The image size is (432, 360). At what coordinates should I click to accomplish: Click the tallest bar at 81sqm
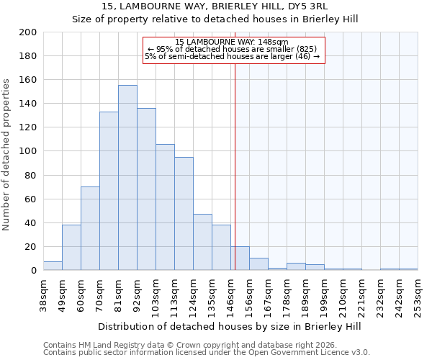pos(127,178)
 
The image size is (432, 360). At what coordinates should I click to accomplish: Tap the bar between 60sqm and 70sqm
pos(90,228)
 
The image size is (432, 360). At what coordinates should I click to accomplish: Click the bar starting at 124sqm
pos(202,242)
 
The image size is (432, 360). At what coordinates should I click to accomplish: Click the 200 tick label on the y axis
pos(27,32)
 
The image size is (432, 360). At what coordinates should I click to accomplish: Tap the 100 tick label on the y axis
pos(27,151)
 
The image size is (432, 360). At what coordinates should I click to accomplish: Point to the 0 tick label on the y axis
pos(33,271)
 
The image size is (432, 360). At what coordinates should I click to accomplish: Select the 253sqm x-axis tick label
pos(418,294)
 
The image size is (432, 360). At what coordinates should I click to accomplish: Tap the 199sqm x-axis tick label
pos(325,294)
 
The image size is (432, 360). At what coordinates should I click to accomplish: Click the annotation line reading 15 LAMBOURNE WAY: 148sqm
pos(232,42)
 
